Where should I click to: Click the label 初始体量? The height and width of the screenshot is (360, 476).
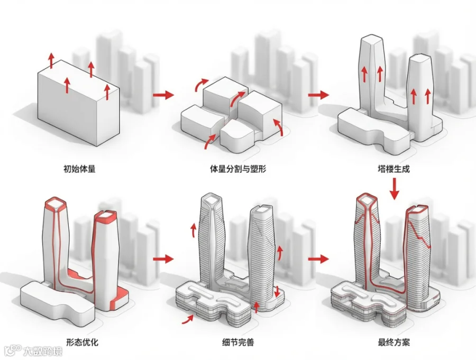click(x=79, y=169)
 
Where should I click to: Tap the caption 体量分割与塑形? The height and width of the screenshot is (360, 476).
click(x=238, y=169)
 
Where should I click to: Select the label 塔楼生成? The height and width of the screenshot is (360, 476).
click(x=393, y=169)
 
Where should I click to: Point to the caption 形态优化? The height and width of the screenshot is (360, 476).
click(x=83, y=343)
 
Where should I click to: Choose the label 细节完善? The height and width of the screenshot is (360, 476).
click(x=238, y=343)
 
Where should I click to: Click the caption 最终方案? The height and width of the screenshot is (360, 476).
click(x=393, y=343)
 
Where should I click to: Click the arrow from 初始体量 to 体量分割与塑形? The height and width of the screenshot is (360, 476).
click(x=163, y=95)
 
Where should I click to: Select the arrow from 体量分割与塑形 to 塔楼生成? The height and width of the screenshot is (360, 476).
click(x=318, y=95)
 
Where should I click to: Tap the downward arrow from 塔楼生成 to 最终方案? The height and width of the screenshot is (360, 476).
click(x=395, y=189)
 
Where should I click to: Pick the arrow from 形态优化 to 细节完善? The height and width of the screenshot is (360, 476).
click(x=163, y=259)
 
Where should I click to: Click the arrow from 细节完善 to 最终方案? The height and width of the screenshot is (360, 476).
click(x=318, y=259)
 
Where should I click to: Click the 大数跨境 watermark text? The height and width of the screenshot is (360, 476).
click(x=43, y=351)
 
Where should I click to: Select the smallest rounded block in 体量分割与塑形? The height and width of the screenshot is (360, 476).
click(x=237, y=136)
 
